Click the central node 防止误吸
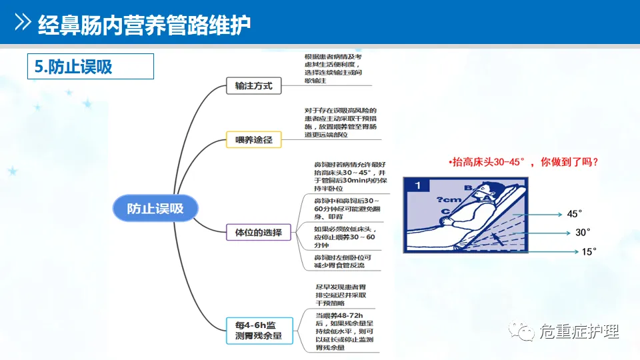tap(155, 208)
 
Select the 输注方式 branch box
tap(253, 86)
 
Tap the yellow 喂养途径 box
tap(253, 139)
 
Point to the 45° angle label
tap(575, 214)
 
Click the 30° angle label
tap(583, 233)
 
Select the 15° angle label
tap(589, 251)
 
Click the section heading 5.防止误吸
tap(74, 67)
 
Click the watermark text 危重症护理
tap(579, 331)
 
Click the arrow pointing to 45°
tap(543, 215)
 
